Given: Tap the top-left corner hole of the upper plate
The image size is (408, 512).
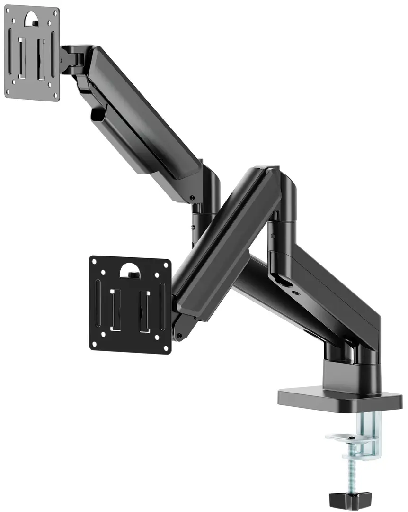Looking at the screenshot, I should [x=13, y=13].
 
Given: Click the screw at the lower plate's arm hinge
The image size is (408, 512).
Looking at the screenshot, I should [x=179, y=336].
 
